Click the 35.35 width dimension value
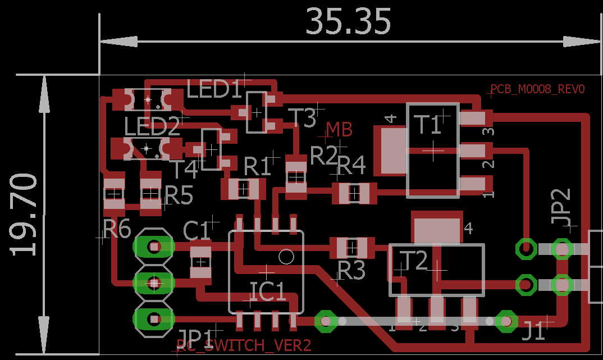click(x=348, y=21)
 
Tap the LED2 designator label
click(x=152, y=127)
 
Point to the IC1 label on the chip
click(x=267, y=291)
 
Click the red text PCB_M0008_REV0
click(x=537, y=89)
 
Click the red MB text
click(x=339, y=130)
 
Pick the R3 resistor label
click(x=351, y=271)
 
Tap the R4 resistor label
click(x=351, y=166)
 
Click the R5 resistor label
click(x=179, y=196)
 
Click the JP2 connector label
click(x=561, y=207)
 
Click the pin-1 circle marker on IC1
click(x=286, y=257)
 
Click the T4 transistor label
click(x=185, y=168)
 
